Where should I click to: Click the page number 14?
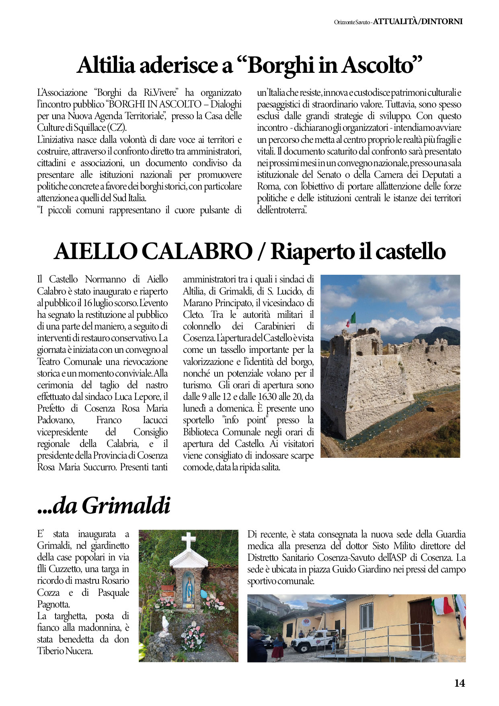coord(460,683)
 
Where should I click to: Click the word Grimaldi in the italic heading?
coord(126,506)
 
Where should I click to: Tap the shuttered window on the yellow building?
coord(366,616)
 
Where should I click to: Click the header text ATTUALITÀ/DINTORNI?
coord(418,22)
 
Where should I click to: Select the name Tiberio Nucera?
coord(65,651)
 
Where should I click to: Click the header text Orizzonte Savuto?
coord(351,22)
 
